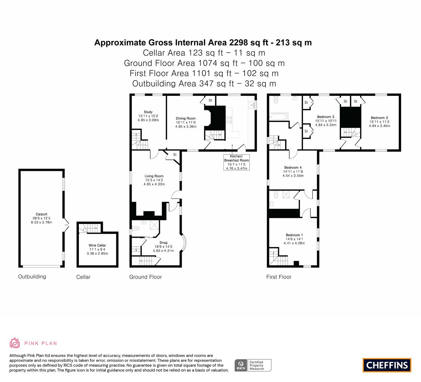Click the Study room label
point(148,116)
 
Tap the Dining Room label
point(186,122)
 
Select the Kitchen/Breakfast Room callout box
point(236,162)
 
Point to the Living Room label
point(154,180)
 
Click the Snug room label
point(164,246)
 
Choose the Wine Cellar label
point(97,249)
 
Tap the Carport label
point(42,218)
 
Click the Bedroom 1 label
point(294,239)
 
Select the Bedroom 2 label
point(379,121)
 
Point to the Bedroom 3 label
point(326,121)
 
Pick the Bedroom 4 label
point(293,172)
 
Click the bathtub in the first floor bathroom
point(279,117)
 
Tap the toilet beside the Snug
point(136,228)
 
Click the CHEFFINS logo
point(387,365)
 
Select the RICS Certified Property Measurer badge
point(253,365)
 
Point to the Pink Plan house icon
point(15,343)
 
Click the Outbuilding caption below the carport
point(32,277)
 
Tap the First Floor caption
point(279,277)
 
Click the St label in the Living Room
point(175,155)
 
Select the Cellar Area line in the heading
point(204,53)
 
